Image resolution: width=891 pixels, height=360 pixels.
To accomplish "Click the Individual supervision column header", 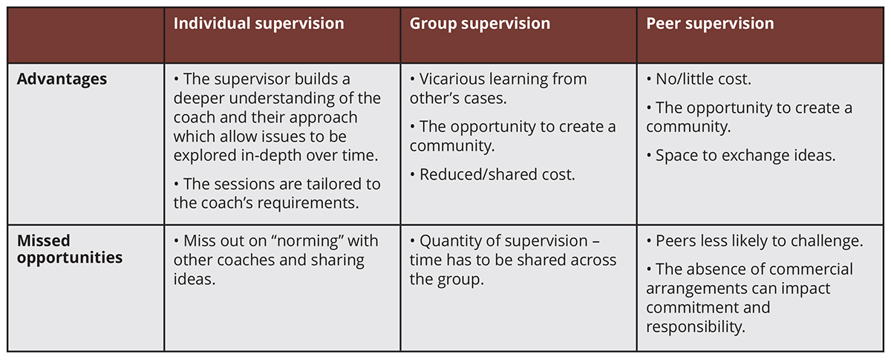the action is click(x=258, y=24).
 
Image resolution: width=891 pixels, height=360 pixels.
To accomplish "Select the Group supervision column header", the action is click(x=480, y=24).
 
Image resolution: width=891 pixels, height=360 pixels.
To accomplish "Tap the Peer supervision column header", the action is click(x=710, y=24).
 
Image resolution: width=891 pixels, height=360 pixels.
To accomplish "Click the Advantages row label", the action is click(x=62, y=79).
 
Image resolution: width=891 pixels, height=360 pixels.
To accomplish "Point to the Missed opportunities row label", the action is click(x=70, y=249).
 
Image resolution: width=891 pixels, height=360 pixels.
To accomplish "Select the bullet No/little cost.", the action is click(x=699, y=79).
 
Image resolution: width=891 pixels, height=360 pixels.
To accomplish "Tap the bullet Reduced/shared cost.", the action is click(x=492, y=174).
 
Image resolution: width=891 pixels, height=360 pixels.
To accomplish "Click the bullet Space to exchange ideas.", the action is click(x=741, y=156).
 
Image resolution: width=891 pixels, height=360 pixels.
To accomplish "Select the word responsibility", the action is click(x=695, y=327).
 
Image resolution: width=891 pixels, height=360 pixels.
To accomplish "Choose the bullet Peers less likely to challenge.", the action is click(x=754, y=241).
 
